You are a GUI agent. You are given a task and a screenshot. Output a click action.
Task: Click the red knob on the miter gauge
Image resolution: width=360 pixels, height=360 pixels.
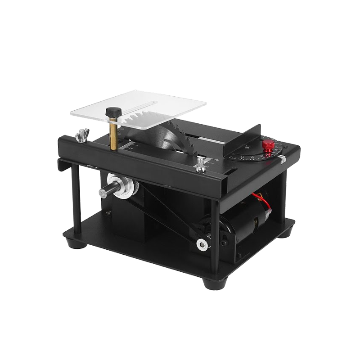coord(268,145)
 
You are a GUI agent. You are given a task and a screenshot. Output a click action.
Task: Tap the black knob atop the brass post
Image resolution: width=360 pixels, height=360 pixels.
coord(114,111)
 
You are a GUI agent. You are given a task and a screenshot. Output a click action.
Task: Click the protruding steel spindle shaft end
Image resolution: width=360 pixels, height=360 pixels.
coord(103,192)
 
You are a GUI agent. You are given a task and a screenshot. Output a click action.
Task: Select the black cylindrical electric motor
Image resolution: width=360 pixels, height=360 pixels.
coord(245,225)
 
